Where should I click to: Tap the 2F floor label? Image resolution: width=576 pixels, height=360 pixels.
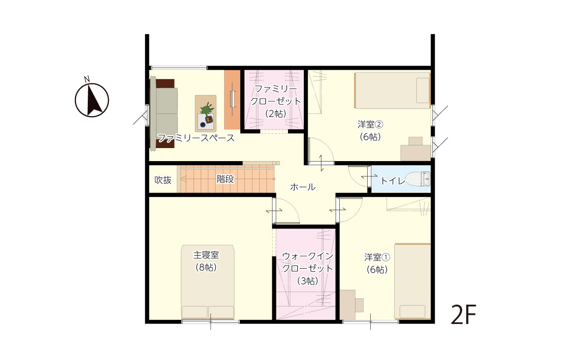463,315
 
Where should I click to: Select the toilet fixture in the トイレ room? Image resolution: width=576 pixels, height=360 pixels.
418,179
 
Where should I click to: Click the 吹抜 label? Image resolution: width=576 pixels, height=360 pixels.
163,180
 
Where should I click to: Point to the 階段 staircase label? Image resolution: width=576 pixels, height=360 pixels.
225,179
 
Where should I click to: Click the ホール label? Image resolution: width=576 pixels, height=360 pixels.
303,187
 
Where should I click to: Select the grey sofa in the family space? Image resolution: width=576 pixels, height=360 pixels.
164,113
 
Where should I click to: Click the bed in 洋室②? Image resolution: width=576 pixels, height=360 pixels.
392,90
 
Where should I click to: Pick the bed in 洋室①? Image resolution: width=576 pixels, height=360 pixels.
413,281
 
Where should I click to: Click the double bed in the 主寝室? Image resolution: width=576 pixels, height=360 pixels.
207,282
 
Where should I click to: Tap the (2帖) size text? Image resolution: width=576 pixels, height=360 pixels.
276,113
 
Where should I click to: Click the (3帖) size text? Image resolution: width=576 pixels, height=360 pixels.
307,281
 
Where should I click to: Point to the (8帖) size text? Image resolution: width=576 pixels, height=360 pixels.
206,267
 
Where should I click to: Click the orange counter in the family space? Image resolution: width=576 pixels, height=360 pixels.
232,99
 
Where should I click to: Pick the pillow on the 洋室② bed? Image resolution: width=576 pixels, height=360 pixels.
423,90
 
